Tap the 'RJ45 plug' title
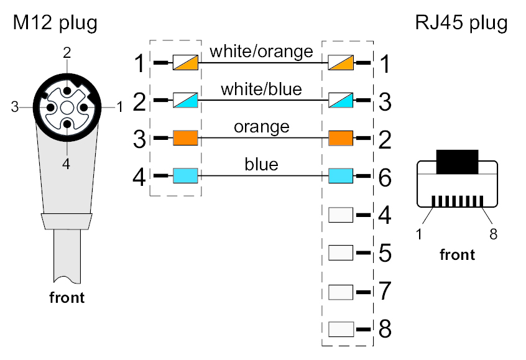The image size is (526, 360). click(461, 24)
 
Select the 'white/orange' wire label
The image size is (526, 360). click(261, 51)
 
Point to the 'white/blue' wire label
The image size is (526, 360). click(261, 89)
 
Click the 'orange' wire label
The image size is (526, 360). click(261, 127)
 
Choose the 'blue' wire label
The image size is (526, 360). click(261, 165)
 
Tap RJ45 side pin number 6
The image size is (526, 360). click(385, 178)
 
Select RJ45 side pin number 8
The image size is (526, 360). click(385, 329)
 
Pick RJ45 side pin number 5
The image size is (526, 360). click(385, 253)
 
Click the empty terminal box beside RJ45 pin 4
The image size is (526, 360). click(340, 215)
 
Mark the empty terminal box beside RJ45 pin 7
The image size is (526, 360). click(340, 290)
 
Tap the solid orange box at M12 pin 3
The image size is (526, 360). click(185, 138)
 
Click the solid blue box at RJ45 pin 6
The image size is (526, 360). click(340, 177)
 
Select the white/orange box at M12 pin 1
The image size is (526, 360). click(185, 63)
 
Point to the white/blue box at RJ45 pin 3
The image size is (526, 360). click(340, 101)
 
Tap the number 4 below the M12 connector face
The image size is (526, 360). click(67, 165)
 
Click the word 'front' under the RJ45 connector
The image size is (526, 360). click(457, 254)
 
